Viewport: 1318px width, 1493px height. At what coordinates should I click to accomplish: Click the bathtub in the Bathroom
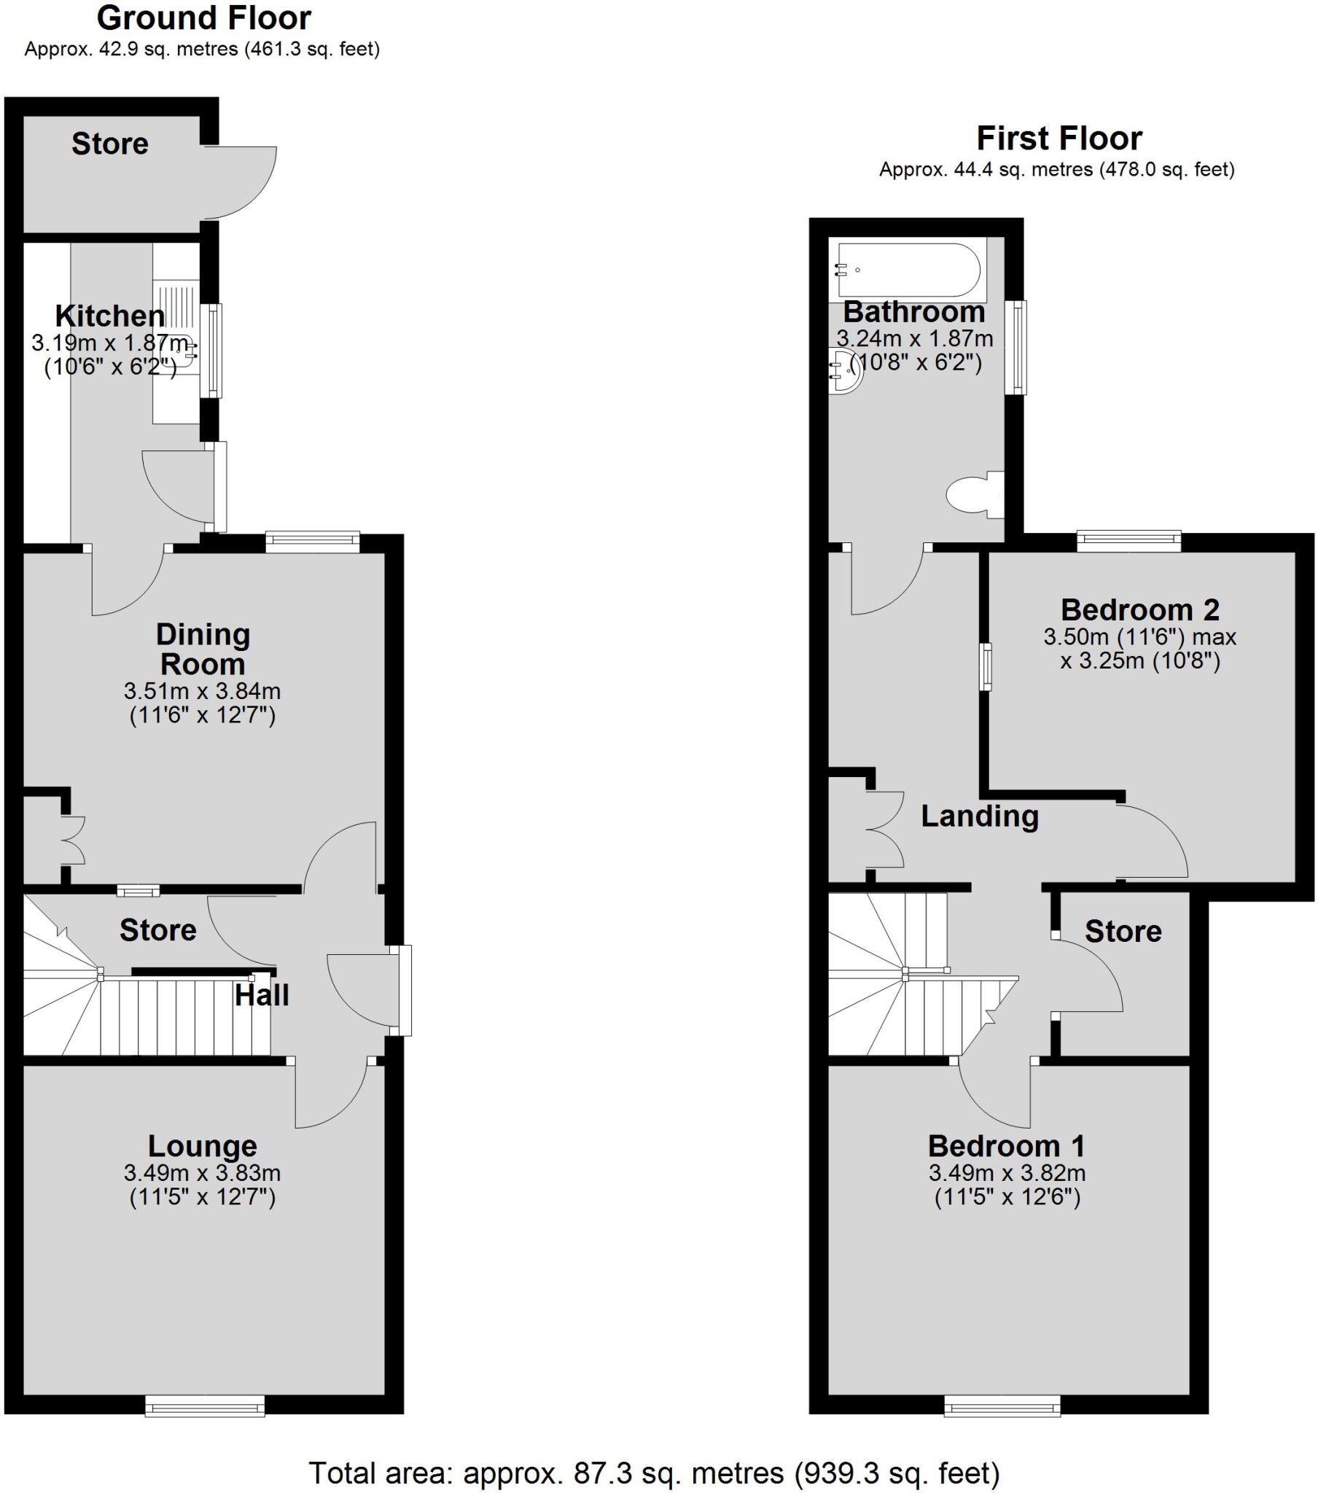pos(909,270)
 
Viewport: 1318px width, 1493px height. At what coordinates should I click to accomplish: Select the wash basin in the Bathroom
pos(845,372)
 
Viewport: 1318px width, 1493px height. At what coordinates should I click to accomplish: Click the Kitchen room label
pos(110,316)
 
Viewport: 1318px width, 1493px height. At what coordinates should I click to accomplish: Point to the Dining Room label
pos(203,650)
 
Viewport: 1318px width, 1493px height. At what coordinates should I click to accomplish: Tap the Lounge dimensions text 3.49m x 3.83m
pos(203,1173)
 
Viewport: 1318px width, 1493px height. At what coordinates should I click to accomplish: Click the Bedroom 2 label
pos(1139,609)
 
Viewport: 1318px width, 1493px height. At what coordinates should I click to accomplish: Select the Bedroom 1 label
pos(1006,1145)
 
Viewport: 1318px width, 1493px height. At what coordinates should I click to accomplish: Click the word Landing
pos(979,816)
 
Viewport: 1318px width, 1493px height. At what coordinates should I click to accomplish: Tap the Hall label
pos(262,995)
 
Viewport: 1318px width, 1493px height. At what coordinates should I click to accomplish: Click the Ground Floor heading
pos(204,18)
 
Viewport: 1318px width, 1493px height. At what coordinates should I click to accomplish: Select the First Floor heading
pos(1058,138)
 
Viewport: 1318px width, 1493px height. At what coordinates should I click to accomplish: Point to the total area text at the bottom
pos(654,1473)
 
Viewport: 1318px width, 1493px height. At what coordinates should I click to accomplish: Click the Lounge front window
pos(205,1406)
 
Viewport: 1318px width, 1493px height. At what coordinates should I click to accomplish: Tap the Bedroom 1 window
pos(1002,1406)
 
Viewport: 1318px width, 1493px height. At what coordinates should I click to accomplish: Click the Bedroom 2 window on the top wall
pos(1128,541)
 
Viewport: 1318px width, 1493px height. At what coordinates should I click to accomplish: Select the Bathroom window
pos(1014,348)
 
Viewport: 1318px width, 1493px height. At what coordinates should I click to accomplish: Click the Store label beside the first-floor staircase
pos(1122,931)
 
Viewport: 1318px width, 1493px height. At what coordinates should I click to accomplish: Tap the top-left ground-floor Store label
pos(109,144)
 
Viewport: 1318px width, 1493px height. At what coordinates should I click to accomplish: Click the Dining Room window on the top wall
pos(312,541)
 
